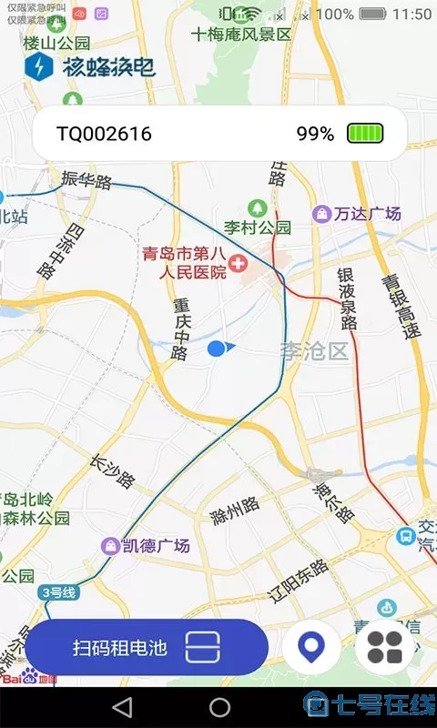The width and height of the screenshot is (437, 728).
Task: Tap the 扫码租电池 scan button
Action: [146, 647]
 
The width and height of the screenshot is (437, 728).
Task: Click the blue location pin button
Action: [311, 647]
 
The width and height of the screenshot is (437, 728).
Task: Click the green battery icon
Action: [364, 134]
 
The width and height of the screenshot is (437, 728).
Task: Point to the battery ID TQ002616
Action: [104, 134]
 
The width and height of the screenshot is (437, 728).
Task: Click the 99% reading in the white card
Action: [315, 134]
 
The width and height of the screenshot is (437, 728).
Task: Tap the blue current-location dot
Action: [216, 348]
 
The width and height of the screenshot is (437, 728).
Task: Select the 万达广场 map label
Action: [366, 214]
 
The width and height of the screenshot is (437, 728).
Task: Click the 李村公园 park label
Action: [258, 227]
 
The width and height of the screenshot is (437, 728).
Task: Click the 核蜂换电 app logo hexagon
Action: [39, 66]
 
